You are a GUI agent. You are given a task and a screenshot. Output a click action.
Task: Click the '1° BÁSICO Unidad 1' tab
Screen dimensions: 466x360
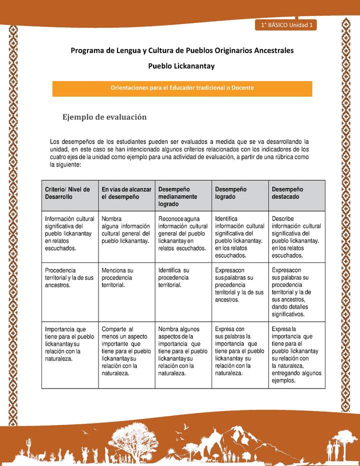point(284,25)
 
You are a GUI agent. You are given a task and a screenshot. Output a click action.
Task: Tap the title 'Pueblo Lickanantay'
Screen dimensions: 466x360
point(181,65)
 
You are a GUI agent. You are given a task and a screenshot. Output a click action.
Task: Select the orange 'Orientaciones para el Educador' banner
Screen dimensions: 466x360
point(182,88)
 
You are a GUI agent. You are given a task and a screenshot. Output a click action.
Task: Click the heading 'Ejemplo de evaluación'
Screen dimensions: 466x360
point(104,117)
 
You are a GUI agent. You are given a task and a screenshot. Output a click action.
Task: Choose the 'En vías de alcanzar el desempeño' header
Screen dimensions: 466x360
point(126,193)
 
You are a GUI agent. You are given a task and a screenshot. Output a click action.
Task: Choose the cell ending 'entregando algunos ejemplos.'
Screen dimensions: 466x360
point(296,354)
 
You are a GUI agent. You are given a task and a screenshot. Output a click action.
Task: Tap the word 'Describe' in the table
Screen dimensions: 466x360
point(282,218)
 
